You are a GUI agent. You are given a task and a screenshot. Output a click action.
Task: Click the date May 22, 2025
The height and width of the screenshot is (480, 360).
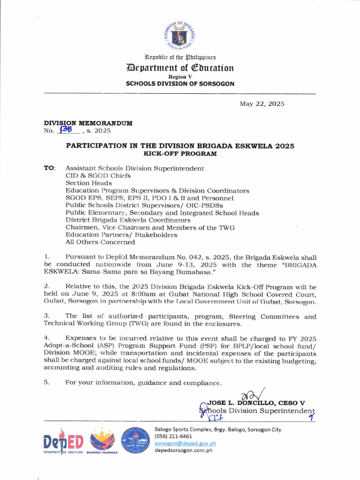tap(262, 104)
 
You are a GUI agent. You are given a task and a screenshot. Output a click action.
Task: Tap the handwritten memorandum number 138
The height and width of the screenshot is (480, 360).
tap(64, 131)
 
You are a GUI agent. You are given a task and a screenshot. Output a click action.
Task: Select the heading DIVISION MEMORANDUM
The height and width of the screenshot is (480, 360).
tap(88, 123)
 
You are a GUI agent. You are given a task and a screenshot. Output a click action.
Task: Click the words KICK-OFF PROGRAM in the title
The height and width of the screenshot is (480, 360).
tap(180, 153)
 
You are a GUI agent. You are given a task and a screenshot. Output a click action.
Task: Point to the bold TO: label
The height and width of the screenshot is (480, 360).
tap(50, 168)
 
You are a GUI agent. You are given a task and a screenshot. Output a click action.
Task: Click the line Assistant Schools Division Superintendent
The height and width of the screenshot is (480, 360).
tap(135, 168)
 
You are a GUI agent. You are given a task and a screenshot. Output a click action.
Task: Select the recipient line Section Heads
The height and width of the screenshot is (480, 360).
tap(89, 183)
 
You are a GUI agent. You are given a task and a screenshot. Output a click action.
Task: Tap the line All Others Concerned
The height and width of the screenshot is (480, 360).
tap(100, 242)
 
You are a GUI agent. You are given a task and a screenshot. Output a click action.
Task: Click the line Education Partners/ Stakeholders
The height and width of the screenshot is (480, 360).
tap(121, 235)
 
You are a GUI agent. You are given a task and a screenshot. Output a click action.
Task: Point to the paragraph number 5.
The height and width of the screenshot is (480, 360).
tap(46, 383)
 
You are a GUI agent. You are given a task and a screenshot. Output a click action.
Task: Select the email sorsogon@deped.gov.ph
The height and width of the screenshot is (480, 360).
tap(185, 443)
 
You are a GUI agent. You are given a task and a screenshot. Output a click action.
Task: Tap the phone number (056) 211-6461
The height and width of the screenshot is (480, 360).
tap(173, 436)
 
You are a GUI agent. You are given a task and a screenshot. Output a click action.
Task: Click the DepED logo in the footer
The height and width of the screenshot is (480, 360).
tap(63, 442)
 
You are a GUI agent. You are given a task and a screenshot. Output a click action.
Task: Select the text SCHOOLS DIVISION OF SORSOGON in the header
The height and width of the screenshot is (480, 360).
tap(180, 83)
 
